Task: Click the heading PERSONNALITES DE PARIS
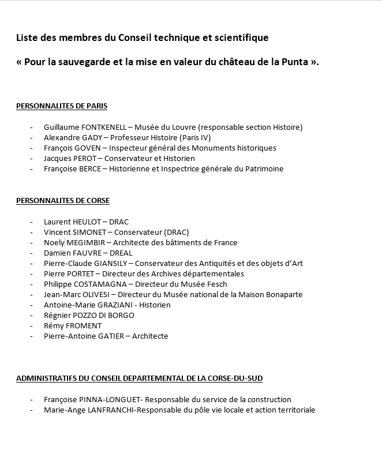pos(62,106)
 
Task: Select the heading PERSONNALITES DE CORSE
pos(63,201)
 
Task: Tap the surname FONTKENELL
pos(104,127)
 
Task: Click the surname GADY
pos(94,137)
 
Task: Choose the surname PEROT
pos(84,158)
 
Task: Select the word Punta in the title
pos(294,62)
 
